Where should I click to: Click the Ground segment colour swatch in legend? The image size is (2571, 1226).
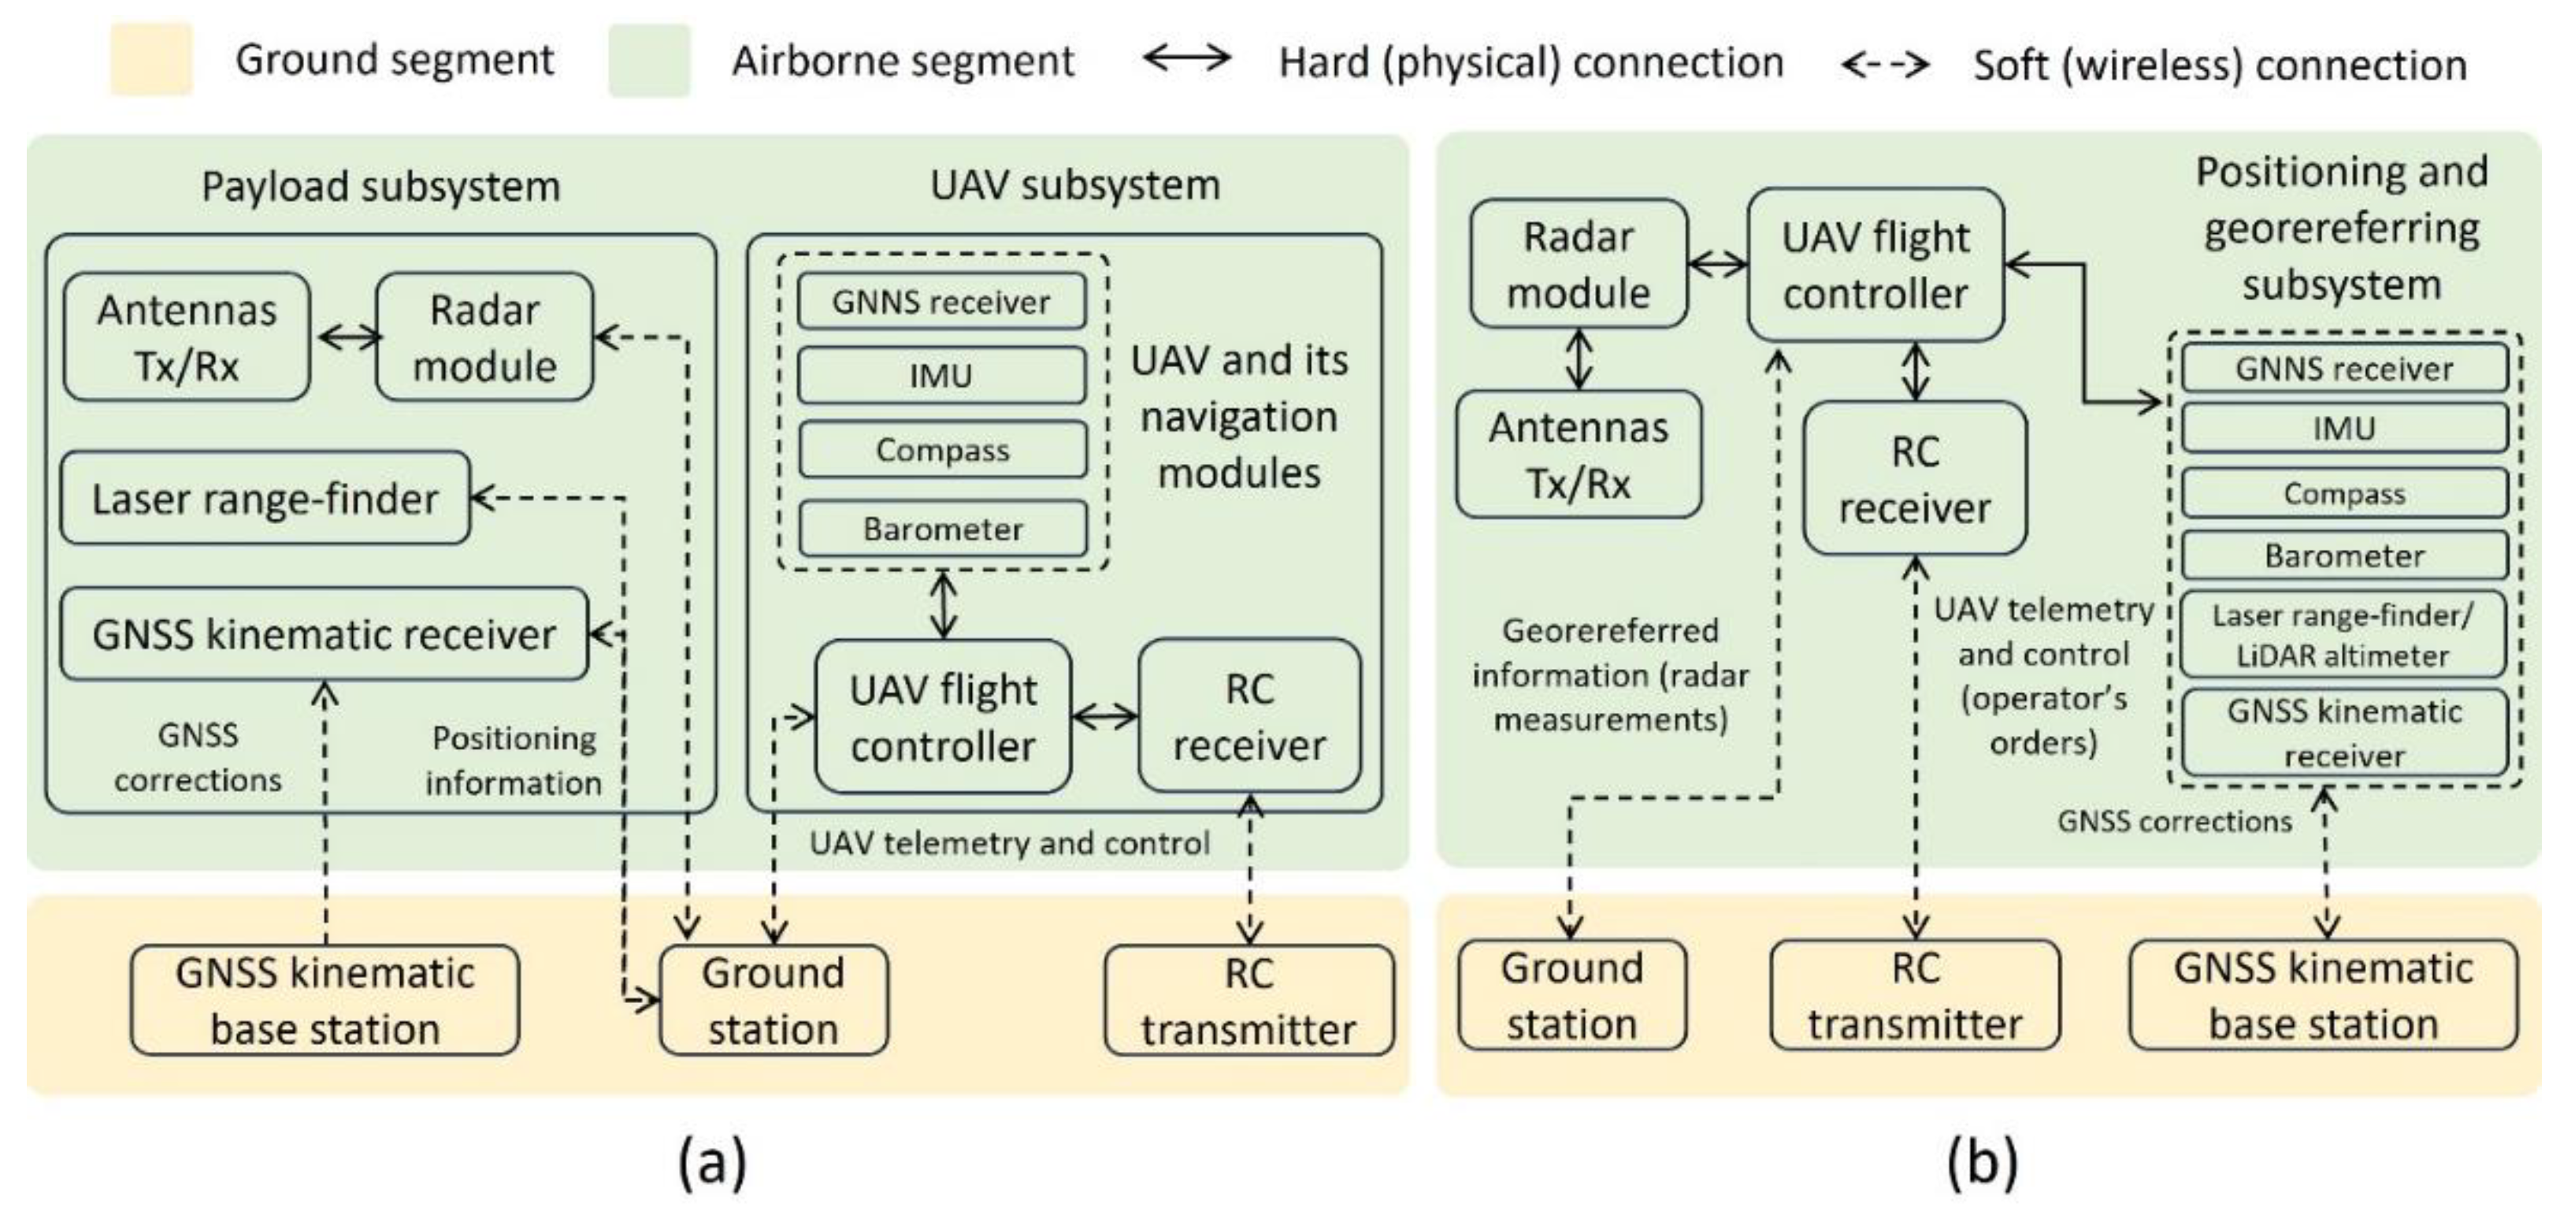150,61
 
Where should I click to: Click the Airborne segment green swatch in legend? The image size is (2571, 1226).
649,61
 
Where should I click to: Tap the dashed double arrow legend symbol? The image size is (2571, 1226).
1884,65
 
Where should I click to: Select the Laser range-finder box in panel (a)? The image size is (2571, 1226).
265,498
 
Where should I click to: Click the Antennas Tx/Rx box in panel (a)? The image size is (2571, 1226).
187,337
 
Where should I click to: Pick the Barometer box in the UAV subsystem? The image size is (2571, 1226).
942,528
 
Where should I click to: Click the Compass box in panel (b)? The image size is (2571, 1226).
2343,493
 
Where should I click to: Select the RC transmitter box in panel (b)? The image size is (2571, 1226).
1914,995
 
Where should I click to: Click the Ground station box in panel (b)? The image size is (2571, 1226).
1572,995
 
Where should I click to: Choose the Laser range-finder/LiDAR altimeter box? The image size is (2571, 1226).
2343,635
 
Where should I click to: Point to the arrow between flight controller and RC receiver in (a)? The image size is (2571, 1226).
1104,716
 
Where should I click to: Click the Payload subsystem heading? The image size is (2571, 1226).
380,187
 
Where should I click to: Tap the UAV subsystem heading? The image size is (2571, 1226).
1075,184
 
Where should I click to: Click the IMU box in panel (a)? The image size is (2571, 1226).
941,375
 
